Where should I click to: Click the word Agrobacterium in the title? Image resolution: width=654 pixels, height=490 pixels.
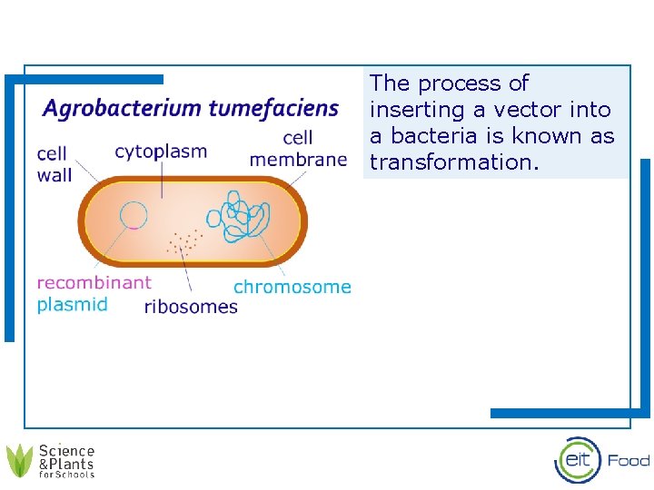coord(123,110)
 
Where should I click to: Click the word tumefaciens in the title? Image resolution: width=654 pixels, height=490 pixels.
coord(273,110)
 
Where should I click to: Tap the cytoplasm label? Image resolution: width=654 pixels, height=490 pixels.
coord(161,152)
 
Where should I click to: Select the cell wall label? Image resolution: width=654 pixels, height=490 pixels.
coord(54,164)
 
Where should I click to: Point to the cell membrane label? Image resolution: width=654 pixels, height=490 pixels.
coord(298,149)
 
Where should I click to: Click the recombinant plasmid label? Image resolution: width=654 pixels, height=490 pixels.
coord(94,293)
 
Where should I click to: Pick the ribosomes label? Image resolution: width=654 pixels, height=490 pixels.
coord(191,307)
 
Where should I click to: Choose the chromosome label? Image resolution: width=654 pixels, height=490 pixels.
coord(292,287)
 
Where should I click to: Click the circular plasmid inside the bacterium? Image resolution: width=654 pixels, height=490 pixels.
coord(134,215)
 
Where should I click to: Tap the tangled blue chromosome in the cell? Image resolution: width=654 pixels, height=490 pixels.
coord(240,216)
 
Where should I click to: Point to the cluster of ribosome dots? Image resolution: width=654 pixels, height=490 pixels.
coord(184,240)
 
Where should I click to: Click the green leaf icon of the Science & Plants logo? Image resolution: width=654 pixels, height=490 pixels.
coord(19,460)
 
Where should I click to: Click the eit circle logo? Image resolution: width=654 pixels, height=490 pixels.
coord(578,459)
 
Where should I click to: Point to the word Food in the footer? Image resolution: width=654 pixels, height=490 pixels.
coord(629,460)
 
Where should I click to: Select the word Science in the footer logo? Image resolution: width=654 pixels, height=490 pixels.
coord(66,450)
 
